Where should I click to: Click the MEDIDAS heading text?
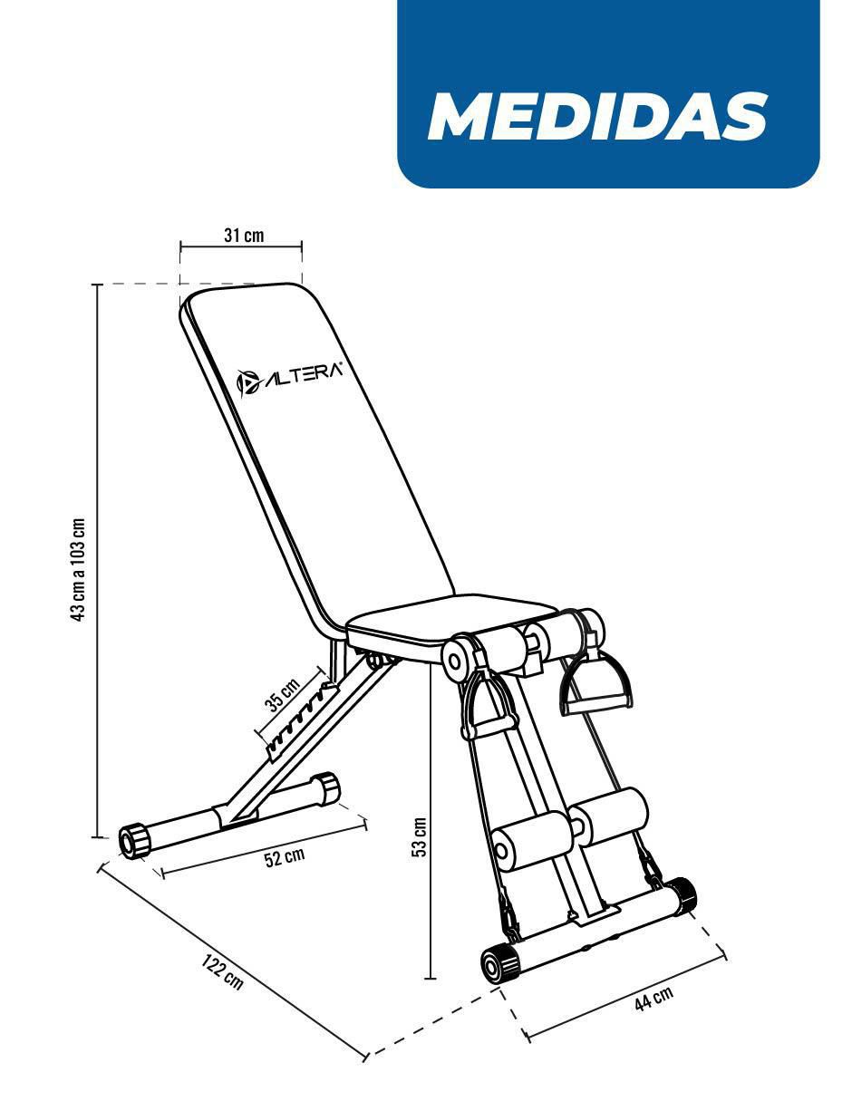point(597,116)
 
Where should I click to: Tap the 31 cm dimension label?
point(244,236)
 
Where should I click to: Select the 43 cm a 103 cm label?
point(78,569)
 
